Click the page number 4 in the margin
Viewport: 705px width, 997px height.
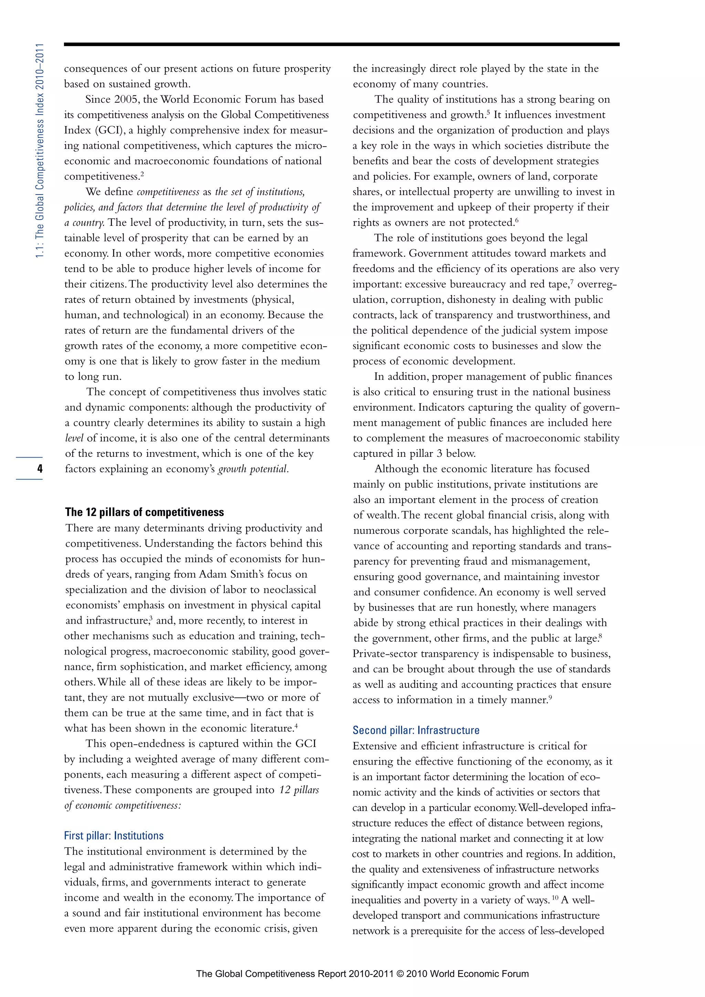(x=40, y=469)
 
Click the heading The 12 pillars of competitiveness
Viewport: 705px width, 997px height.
(x=145, y=512)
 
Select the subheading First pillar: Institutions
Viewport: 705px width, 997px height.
(x=114, y=836)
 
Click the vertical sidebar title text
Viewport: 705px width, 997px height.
(x=40, y=150)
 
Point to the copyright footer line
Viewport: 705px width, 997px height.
(x=362, y=974)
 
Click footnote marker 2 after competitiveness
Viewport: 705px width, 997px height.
(x=142, y=174)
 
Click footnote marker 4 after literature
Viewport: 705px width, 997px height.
(x=296, y=726)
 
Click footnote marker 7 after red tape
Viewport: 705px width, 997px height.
(x=572, y=282)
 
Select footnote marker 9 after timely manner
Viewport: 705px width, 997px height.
(x=550, y=698)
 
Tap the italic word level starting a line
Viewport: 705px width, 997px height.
(x=74, y=438)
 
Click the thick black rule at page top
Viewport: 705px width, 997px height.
(x=341, y=44)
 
